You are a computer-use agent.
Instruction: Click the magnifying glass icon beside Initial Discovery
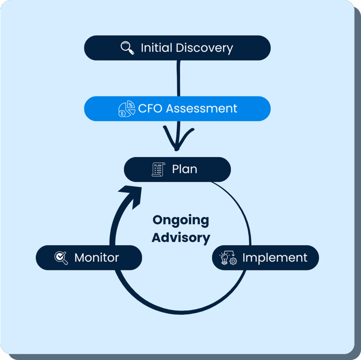(127, 48)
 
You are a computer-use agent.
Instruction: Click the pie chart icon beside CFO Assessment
(126, 109)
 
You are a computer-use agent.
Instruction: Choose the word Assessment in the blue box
(202, 108)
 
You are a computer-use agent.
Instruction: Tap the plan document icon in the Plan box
(158, 169)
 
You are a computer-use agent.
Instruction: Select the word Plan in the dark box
(184, 169)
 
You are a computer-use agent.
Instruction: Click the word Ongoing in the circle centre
(180, 220)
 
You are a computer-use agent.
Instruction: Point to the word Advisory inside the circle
(180, 237)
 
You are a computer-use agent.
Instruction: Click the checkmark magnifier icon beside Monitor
(61, 258)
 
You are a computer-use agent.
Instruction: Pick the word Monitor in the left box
(96, 258)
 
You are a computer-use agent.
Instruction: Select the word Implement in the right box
(275, 258)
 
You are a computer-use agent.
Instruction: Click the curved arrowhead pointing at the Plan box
(131, 193)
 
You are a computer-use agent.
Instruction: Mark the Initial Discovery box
(177, 48)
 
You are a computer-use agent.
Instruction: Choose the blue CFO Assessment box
(177, 109)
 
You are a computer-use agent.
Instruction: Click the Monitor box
(89, 258)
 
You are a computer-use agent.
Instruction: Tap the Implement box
(265, 258)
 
